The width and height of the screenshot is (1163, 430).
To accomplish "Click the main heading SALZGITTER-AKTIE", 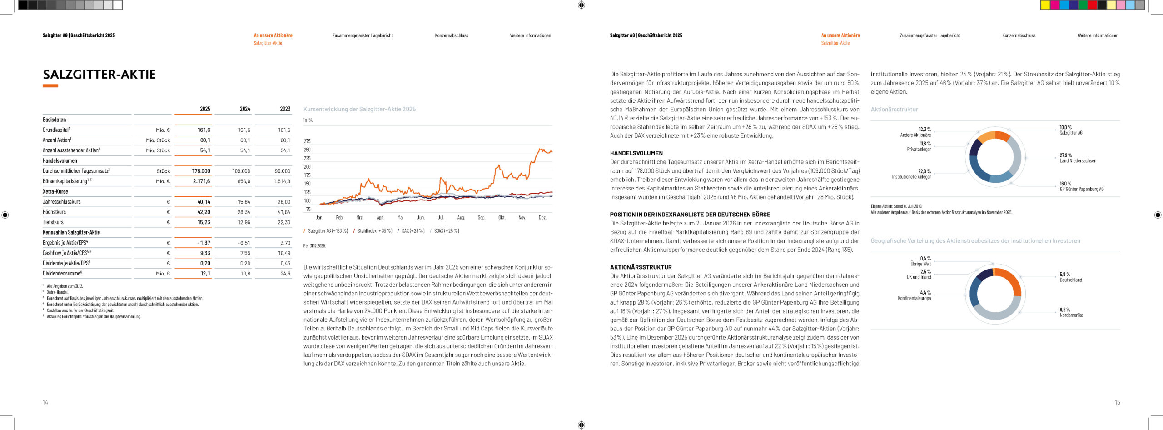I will click(99, 75).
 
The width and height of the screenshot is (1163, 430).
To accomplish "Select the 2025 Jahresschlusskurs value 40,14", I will click(204, 202).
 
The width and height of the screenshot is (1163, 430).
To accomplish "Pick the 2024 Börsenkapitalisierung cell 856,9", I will click(244, 181).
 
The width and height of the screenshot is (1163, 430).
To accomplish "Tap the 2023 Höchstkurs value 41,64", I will click(283, 212).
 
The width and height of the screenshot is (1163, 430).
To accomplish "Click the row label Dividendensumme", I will click(62, 274).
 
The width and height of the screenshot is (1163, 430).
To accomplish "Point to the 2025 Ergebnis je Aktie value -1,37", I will click(204, 243).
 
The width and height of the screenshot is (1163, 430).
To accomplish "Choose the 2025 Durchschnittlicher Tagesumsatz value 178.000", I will click(201, 171).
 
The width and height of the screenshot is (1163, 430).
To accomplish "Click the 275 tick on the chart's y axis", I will click(307, 141).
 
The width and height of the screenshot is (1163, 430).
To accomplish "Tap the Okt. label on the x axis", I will click(502, 218).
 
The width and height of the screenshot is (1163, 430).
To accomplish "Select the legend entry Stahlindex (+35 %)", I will click(374, 231).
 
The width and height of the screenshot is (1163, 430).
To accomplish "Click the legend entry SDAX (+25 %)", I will click(446, 231).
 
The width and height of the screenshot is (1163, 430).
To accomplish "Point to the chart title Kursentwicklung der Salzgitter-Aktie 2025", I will click(359, 110).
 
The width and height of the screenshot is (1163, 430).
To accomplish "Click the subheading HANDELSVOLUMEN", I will click(636, 153).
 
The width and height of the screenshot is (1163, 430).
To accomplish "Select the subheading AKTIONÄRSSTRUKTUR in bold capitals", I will click(641, 267).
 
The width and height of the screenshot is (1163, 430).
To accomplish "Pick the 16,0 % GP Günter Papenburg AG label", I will click(1081, 186).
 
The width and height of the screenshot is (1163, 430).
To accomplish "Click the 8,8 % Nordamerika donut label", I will click(1071, 312).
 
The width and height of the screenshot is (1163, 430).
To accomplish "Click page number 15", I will click(1117, 402).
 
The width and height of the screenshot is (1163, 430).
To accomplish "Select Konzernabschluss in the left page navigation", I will click(451, 35).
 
